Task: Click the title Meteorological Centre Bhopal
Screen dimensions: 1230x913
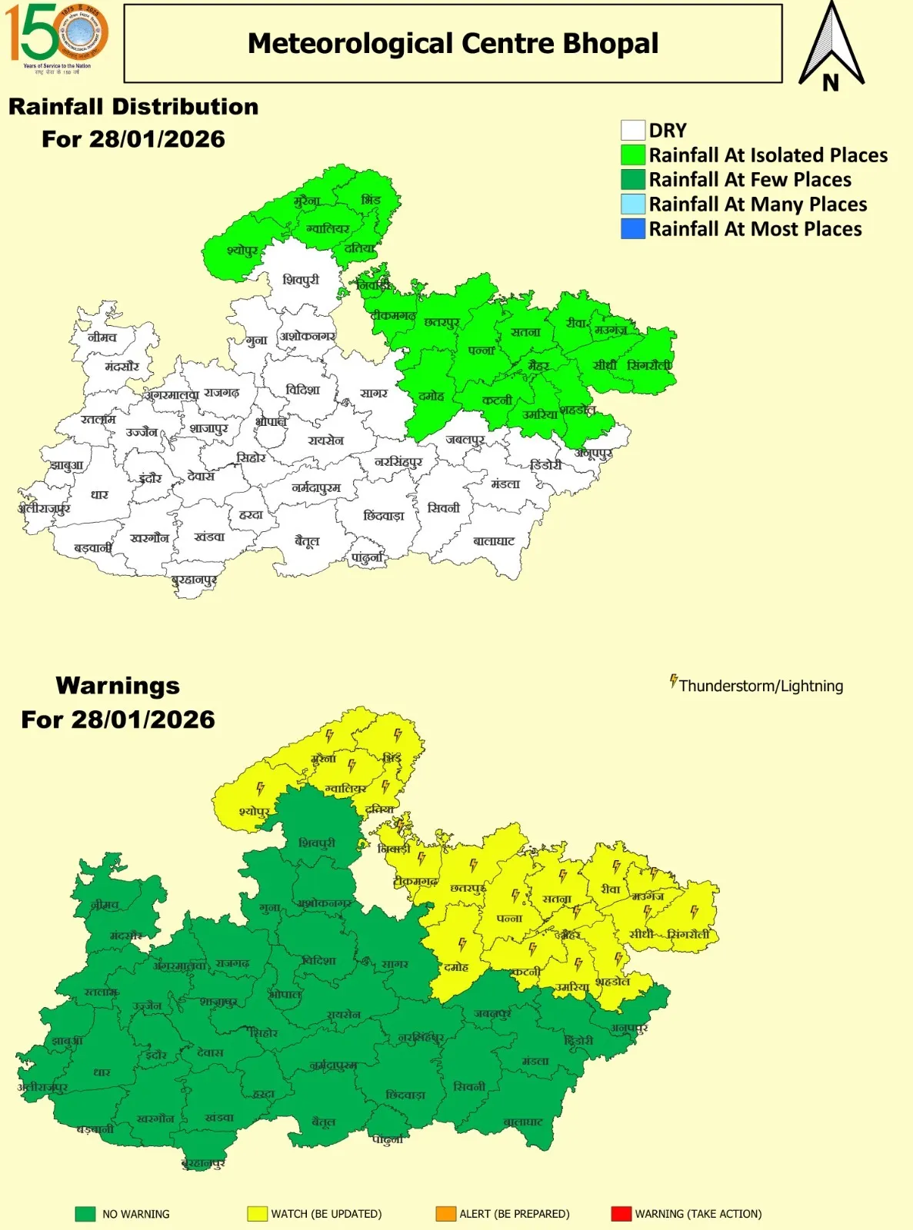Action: (452, 44)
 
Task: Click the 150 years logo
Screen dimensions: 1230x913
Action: (56, 36)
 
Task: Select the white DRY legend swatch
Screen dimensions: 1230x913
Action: (632, 130)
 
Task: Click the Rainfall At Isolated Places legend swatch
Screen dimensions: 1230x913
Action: (632, 155)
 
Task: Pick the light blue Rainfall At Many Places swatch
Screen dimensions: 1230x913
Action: (632, 204)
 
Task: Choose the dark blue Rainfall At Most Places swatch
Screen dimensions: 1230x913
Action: (632, 228)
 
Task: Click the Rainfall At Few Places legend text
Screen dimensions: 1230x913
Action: (750, 180)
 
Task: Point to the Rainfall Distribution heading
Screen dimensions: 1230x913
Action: (133, 107)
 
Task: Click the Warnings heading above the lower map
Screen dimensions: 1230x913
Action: (118, 685)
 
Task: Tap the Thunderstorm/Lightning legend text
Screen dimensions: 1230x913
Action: (761, 686)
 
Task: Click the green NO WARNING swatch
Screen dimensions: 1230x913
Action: (85, 1214)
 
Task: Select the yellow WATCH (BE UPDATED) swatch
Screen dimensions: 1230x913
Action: (256, 1214)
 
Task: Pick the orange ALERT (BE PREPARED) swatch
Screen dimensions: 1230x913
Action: (445, 1214)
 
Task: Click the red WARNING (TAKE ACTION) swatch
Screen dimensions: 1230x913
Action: (621, 1214)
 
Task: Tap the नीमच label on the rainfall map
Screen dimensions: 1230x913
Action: (102, 337)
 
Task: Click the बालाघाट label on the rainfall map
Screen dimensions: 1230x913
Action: (494, 541)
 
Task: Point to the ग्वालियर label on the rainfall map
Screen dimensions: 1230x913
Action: (328, 228)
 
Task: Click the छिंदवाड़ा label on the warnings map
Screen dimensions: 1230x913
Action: (405, 1095)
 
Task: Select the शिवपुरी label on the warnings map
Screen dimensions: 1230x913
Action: (317, 843)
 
